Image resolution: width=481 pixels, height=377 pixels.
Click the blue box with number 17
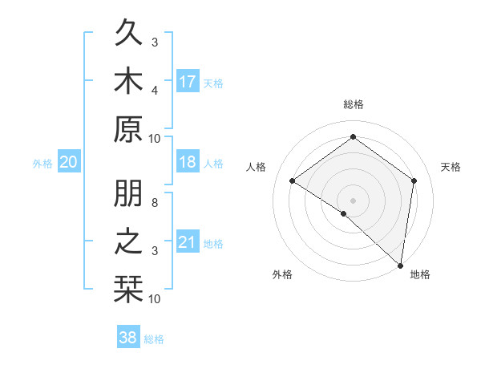188,82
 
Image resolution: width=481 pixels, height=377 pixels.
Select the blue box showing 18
188,162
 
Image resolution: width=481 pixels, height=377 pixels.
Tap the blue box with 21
188,242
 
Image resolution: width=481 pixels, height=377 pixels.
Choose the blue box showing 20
69,162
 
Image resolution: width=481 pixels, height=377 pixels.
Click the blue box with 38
127,338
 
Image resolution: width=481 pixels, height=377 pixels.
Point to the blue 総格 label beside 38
154,339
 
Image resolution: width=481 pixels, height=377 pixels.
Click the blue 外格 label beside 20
42,164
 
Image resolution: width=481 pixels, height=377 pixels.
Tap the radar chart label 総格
353,105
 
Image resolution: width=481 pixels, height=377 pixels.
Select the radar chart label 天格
451,167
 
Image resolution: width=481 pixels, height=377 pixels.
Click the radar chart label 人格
256,167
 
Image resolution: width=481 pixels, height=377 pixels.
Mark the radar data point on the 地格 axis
400,265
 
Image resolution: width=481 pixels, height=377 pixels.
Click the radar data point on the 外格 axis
344,213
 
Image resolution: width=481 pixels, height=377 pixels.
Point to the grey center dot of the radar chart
353,200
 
